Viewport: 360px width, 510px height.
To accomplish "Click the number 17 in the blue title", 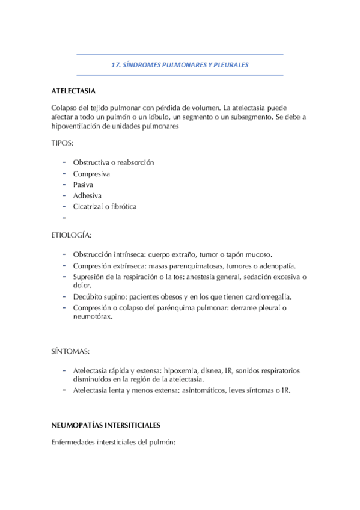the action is click(x=117, y=64).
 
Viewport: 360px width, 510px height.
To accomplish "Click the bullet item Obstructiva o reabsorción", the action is click(x=114, y=162).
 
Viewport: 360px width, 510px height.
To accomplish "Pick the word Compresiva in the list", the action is click(x=92, y=174).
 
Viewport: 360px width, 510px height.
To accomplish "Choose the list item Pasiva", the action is click(x=84, y=185).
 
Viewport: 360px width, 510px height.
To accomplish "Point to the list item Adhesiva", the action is click(x=87, y=195).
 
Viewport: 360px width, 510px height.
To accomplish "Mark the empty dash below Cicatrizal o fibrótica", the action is click(x=63, y=217).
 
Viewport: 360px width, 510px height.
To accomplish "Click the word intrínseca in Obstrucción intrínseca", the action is click(x=129, y=254).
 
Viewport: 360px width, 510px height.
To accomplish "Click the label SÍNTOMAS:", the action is click(x=70, y=351).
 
